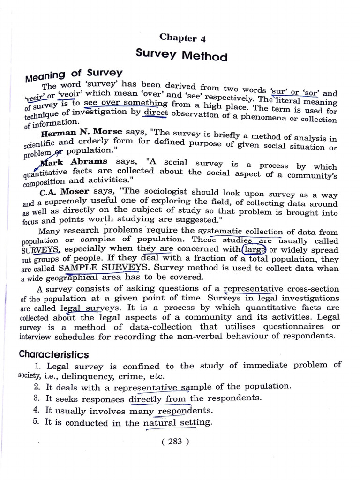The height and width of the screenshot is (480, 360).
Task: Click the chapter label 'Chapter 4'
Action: click(x=182, y=37)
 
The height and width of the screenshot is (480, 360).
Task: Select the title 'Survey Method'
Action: click(x=181, y=55)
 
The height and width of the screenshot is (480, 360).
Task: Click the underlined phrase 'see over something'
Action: click(x=125, y=103)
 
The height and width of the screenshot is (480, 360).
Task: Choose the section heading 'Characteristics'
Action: click(x=53, y=354)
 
